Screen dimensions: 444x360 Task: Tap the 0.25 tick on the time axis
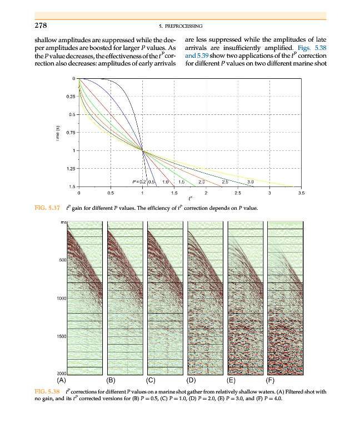[x=69, y=97]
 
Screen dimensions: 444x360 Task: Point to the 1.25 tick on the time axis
[x=69, y=168]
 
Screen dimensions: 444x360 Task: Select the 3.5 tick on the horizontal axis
[x=301, y=193]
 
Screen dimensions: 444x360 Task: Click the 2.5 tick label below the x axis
[x=238, y=193]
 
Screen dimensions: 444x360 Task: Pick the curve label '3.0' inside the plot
[x=251, y=182]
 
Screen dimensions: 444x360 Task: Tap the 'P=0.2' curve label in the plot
[x=139, y=182]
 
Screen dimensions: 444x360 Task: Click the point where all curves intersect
[x=143, y=150]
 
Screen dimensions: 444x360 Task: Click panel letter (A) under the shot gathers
[x=62, y=381]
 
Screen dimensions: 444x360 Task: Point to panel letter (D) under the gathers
[x=192, y=381]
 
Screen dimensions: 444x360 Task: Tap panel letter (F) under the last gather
[x=271, y=381]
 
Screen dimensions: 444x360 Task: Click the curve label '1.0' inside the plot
[x=166, y=182]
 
